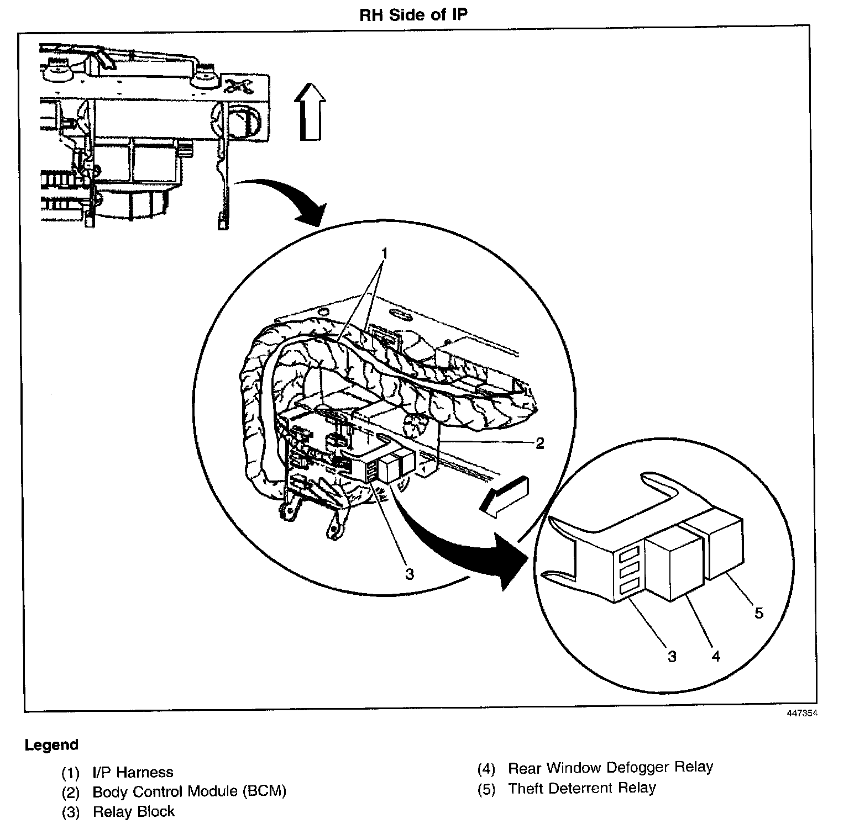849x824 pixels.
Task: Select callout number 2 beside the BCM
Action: pyautogui.click(x=539, y=443)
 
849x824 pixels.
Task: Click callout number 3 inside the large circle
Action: pyautogui.click(x=409, y=574)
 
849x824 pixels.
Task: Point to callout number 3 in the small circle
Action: pyautogui.click(x=672, y=656)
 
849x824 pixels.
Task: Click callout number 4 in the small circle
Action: pyautogui.click(x=716, y=656)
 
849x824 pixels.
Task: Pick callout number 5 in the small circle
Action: pyautogui.click(x=758, y=612)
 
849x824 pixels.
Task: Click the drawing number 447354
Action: pyautogui.click(x=802, y=713)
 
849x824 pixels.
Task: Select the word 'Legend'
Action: pyautogui.click(x=51, y=745)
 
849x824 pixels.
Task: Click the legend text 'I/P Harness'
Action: pyautogui.click(x=133, y=772)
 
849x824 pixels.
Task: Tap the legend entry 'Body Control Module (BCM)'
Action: pyautogui.click(x=189, y=791)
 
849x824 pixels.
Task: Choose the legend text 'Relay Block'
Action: pyautogui.click(x=133, y=812)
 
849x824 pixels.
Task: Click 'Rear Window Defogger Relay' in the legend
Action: pyautogui.click(x=610, y=768)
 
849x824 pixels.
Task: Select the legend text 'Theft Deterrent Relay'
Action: pyautogui.click(x=581, y=788)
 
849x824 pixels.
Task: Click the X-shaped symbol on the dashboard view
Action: pyautogui.click(x=237, y=86)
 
